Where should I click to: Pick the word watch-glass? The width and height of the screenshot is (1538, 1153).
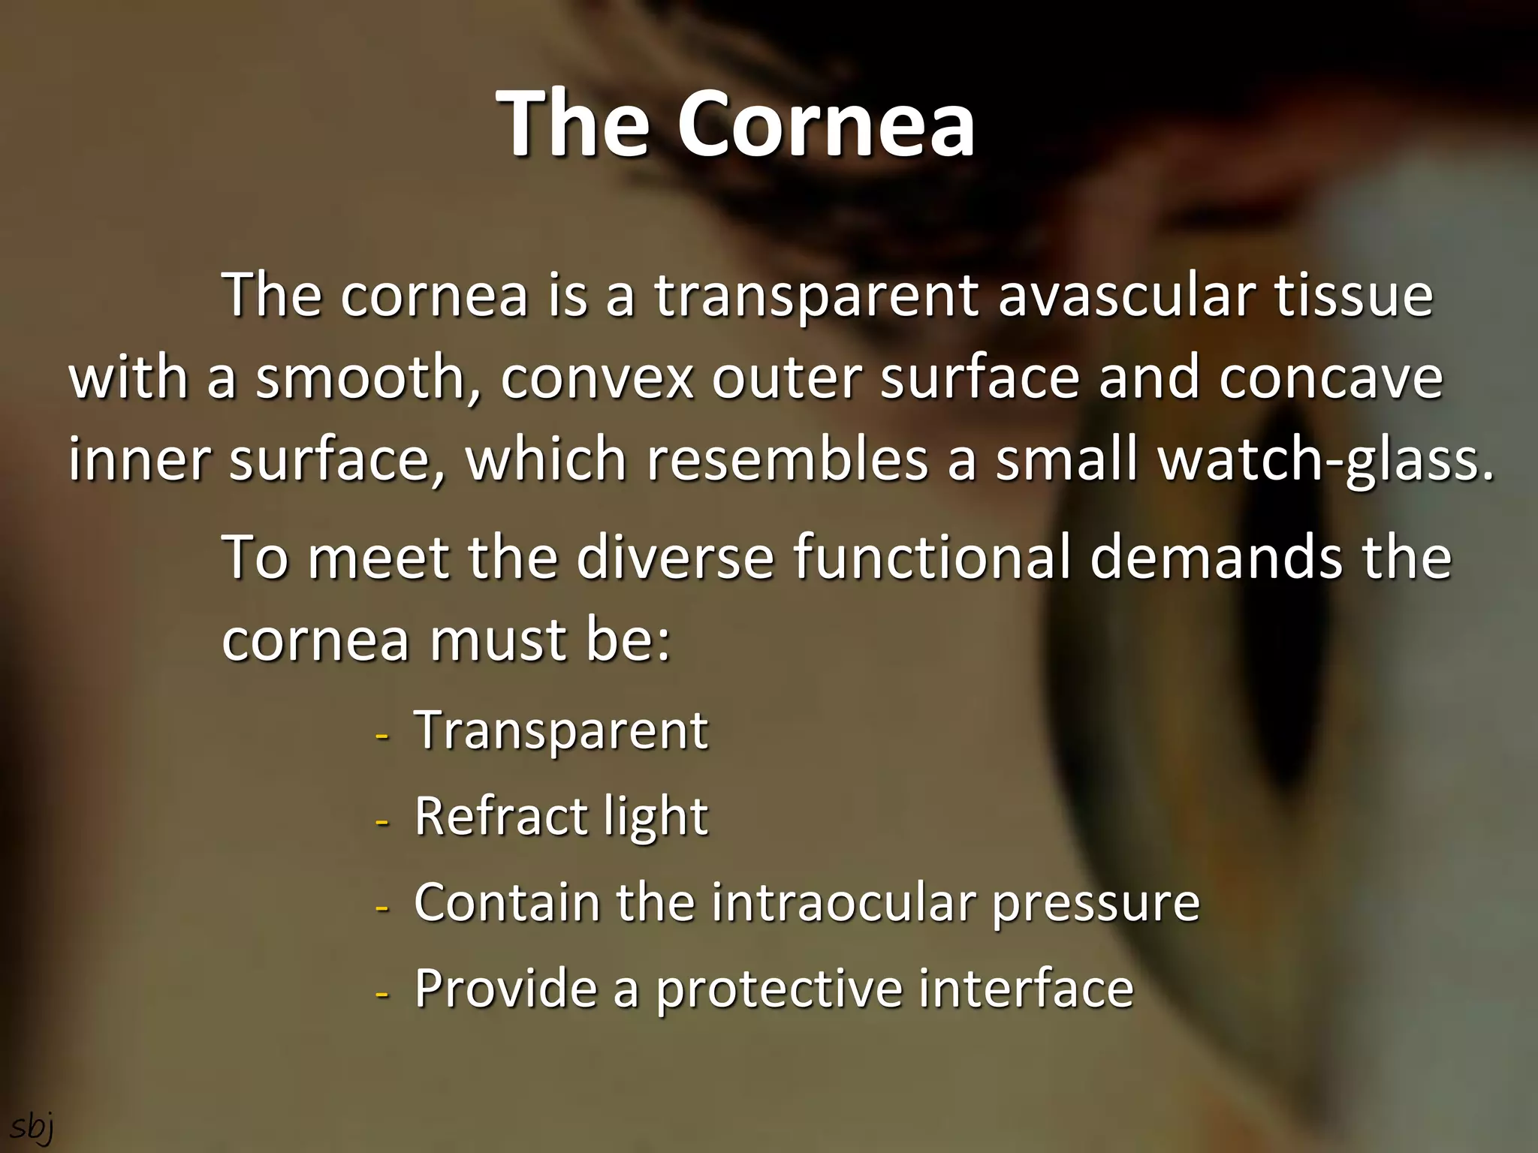pyautogui.click(x=1325, y=461)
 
